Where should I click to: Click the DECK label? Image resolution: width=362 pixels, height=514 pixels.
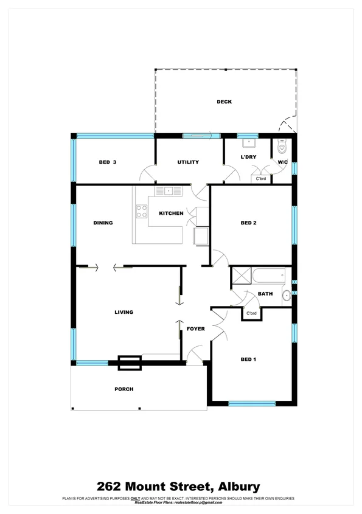click(x=224, y=102)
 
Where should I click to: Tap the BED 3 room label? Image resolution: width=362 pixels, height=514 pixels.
click(x=107, y=162)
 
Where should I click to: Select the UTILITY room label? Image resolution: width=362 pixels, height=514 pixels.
click(x=188, y=162)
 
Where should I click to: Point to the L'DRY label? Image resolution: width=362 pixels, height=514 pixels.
click(x=248, y=158)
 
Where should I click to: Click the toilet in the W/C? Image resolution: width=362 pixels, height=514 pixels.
click(x=282, y=147)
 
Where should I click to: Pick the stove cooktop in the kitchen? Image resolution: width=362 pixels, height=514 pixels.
click(x=142, y=212)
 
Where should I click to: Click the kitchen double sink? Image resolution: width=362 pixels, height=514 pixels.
click(x=169, y=191)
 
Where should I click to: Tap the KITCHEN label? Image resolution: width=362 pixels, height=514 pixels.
click(x=171, y=214)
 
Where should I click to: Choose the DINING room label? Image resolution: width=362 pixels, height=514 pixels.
click(x=103, y=223)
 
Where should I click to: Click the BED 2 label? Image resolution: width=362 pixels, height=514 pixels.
click(x=248, y=223)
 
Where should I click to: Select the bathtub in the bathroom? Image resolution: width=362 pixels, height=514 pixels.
click(x=268, y=277)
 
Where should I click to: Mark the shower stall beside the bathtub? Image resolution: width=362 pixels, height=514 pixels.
click(x=240, y=276)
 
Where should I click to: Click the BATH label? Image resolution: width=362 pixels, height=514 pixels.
click(x=265, y=294)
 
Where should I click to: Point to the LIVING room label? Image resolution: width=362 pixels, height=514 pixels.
click(x=124, y=313)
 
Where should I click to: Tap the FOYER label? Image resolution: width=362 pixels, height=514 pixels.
click(x=195, y=329)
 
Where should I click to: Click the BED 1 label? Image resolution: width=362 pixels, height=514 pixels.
click(x=248, y=359)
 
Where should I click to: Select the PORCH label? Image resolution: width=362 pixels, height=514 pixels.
click(x=124, y=389)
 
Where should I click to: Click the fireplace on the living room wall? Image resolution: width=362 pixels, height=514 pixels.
click(x=130, y=363)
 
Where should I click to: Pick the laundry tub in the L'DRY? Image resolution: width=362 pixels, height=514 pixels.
click(x=248, y=144)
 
